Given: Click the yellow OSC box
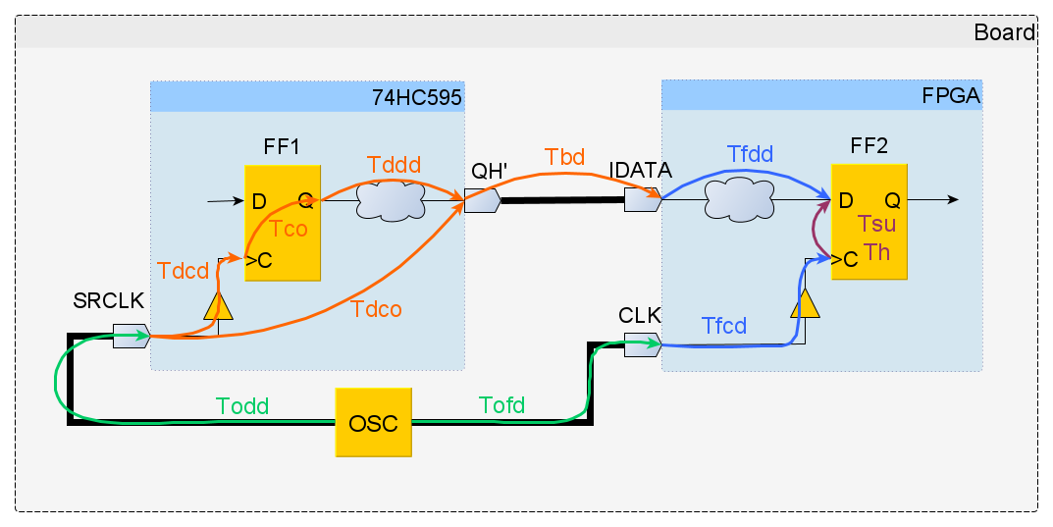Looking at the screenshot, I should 374,423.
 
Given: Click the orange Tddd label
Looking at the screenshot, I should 394,164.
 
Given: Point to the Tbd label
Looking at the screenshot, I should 564,157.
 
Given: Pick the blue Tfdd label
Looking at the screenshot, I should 750,154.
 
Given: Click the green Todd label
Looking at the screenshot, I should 242,405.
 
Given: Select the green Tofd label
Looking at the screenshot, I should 501,404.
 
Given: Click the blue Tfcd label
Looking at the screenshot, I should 724,326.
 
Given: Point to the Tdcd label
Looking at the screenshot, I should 183,271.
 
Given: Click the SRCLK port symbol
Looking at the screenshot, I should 130,336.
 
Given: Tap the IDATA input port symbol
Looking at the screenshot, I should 643,201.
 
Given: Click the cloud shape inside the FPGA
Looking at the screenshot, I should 738,201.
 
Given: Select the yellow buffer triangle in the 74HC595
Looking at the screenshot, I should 219,308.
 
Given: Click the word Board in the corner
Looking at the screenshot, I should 1004,32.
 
